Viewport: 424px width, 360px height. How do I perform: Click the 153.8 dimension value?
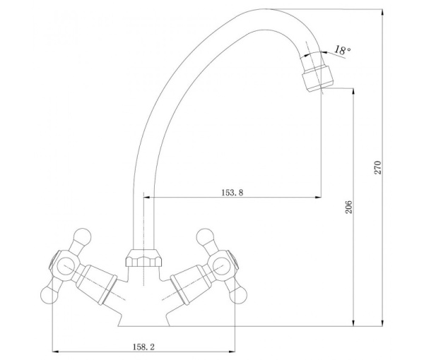tap(232, 193)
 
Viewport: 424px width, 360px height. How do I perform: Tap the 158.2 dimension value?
tap(143, 347)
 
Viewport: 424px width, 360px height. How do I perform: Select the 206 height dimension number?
tap(349, 207)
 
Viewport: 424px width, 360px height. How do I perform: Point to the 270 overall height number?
tap(377, 167)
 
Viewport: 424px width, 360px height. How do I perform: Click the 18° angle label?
tap(342, 50)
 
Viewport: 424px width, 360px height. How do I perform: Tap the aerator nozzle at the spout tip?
tap(317, 78)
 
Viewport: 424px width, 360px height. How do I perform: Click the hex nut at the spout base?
tap(143, 258)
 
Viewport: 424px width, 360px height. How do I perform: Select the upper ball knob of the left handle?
tap(82, 237)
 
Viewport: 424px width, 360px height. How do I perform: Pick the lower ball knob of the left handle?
tap(49, 295)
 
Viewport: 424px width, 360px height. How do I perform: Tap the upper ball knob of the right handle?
tap(205, 237)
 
